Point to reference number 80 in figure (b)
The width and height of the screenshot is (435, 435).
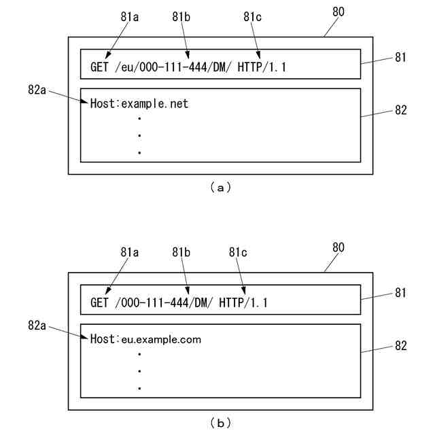point(338,247)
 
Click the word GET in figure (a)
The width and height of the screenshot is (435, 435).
point(100,67)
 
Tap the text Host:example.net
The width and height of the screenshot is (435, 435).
point(139,104)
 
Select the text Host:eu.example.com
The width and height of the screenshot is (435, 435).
point(145,339)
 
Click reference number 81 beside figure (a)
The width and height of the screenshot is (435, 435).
point(400,58)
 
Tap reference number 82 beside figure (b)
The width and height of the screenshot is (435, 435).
point(400,346)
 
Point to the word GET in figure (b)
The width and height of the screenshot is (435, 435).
point(100,302)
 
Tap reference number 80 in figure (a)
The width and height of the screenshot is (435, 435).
point(338,12)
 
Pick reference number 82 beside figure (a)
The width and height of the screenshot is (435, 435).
point(400,110)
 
